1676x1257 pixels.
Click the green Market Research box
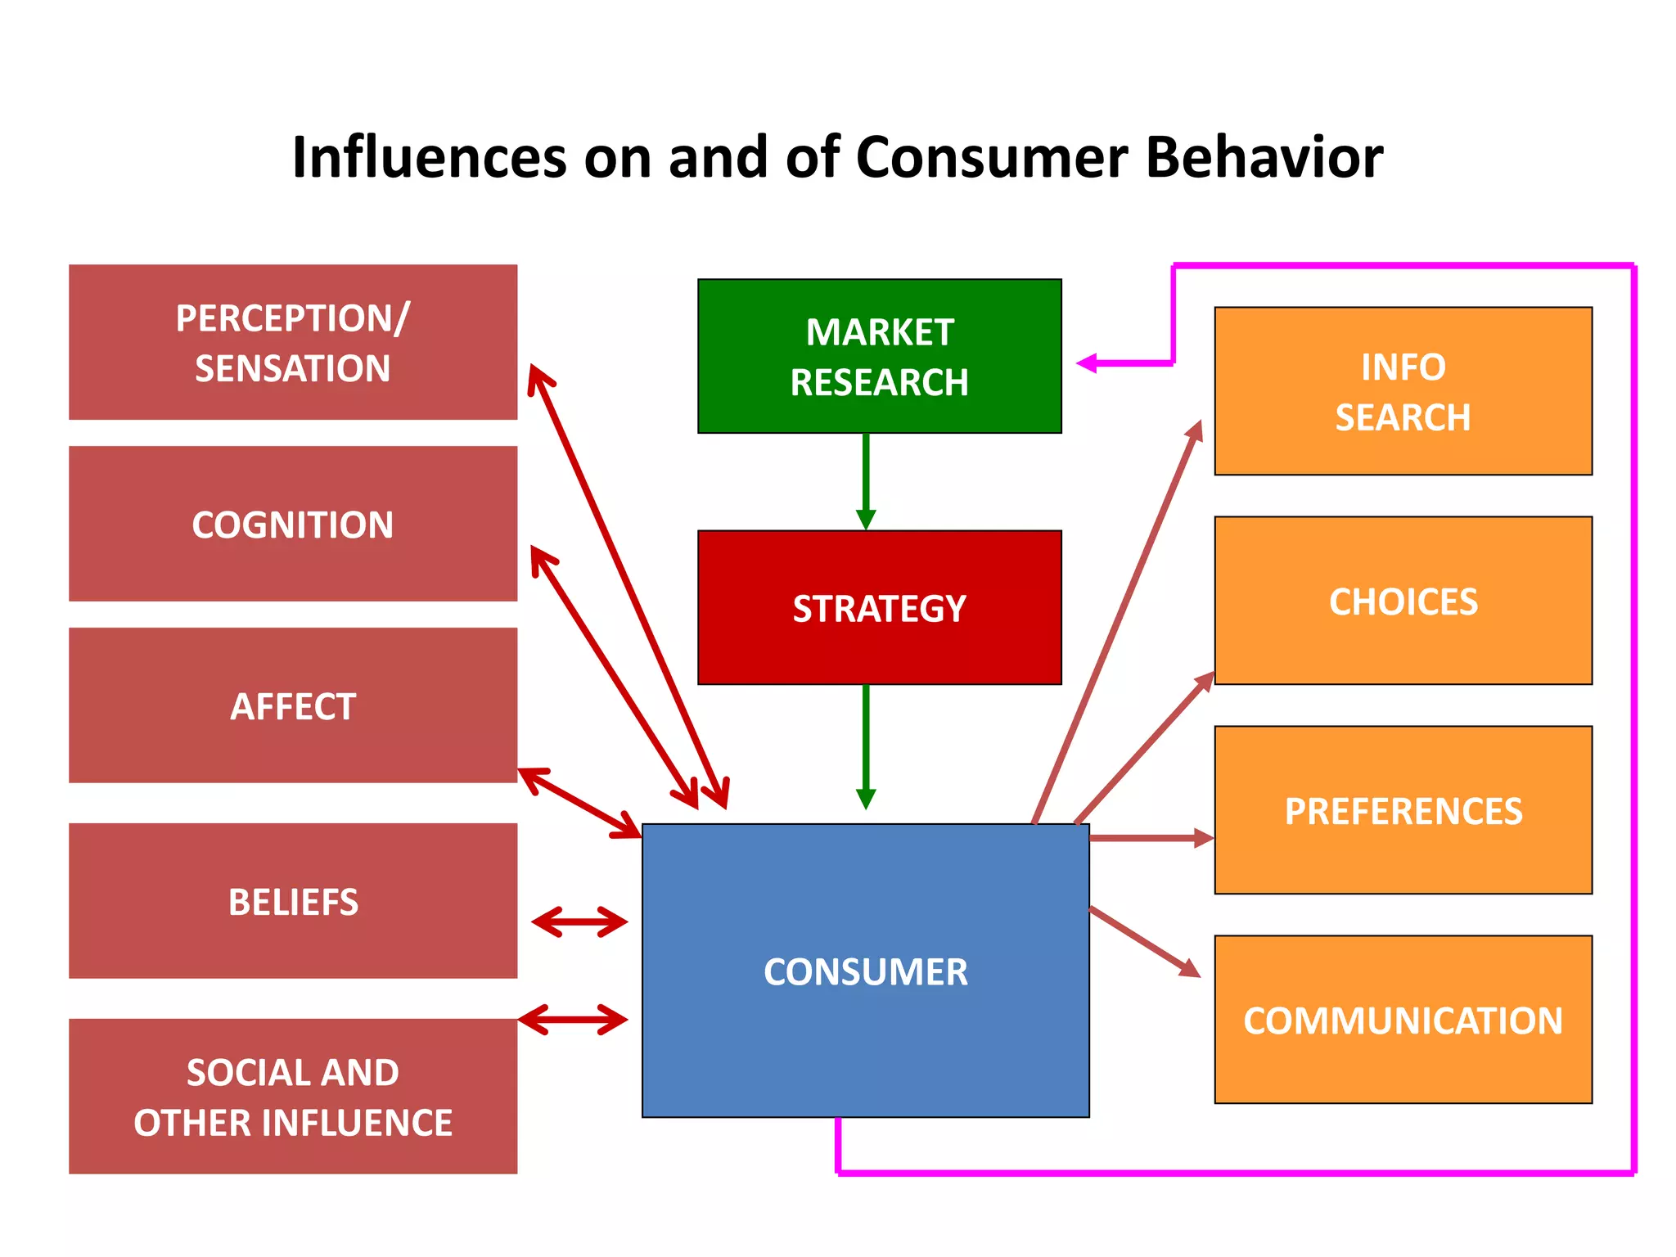[x=879, y=356]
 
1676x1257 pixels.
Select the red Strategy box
[x=879, y=607]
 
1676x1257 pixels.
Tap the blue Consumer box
[x=865, y=971]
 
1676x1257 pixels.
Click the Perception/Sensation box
[x=293, y=342]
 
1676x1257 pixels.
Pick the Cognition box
[x=293, y=524]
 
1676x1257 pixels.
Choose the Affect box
[x=293, y=705]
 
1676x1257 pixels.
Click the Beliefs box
[x=293, y=901]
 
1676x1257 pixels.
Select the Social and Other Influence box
[x=293, y=1096]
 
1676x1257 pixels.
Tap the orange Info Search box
[x=1403, y=391]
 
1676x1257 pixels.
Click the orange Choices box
[x=1403, y=601]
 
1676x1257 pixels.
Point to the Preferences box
[x=1403, y=810]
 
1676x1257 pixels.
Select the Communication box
[x=1403, y=1020]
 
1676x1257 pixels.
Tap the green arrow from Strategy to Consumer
[x=866, y=745]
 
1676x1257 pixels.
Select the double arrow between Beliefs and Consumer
[x=579, y=922]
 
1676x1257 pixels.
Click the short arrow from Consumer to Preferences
[x=1150, y=838]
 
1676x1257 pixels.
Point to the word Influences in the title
[x=429, y=157]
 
